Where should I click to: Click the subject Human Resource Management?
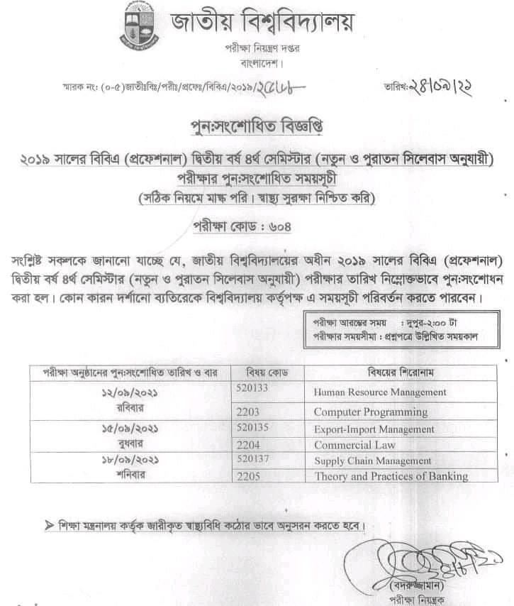[380, 392]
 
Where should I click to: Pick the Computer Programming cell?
[371, 412]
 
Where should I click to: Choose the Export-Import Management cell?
[374, 429]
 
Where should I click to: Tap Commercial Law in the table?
[355, 446]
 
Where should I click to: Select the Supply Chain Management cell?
[373, 461]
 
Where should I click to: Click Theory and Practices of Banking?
[391, 477]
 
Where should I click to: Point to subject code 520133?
[251, 388]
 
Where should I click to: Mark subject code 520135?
[251, 427]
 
